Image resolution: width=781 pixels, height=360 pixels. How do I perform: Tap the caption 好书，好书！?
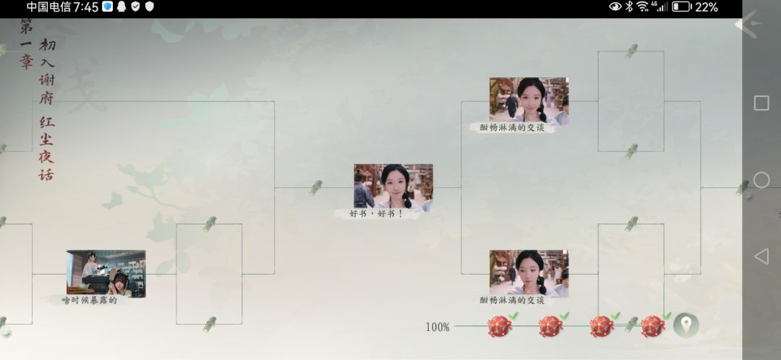(x=376, y=214)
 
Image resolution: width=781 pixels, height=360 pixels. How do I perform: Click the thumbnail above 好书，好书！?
(x=393, y=186)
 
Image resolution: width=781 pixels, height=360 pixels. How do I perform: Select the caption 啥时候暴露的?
(x=89, y=300)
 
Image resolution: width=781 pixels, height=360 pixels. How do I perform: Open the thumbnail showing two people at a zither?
(x=106, y=273)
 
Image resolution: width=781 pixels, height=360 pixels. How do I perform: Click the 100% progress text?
(x=438, y=327)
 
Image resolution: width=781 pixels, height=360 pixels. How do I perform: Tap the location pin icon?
(x=686, y=325)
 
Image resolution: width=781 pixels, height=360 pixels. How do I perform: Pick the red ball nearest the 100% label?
(x=500, y=326)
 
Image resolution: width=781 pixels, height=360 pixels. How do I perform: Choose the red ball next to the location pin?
(x=652, y=326)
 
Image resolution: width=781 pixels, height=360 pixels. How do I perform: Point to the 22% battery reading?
(x=707, y=7)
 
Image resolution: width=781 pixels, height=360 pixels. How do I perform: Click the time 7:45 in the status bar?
(x=85, y=7)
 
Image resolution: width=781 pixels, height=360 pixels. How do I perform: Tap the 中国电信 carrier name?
(x=49, y=7)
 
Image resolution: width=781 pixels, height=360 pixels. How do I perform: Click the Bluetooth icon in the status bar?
(x=629, y=7)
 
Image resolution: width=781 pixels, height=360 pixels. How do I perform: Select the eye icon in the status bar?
(x=615, y=7)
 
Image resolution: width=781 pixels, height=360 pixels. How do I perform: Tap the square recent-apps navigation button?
(x=761, y=103)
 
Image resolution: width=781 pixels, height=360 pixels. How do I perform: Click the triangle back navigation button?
(x=761, y=257)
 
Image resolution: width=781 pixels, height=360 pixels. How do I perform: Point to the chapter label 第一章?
(x=26, y=44)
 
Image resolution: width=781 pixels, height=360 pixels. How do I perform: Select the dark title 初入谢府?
(x=47, y=72)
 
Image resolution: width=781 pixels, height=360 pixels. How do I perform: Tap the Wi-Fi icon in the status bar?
(x=643, y=7)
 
